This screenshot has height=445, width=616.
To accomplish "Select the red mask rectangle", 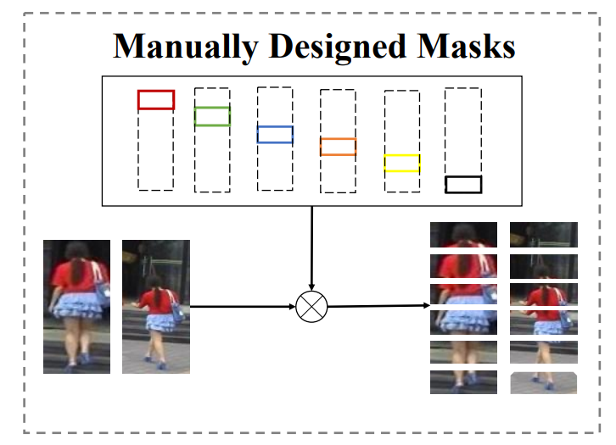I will coord(156,100).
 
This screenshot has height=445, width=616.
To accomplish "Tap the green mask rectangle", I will coord(212,116).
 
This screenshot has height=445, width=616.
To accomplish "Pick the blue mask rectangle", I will coord(275,134).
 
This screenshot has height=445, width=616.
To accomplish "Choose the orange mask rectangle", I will coord(338,147).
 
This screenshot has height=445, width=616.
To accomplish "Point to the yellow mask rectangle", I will coord(401,164).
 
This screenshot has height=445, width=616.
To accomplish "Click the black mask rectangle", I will coord(463,184).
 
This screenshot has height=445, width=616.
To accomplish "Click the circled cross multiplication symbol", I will coord(311,306).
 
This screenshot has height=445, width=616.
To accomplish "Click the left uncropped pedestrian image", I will coord(76,306).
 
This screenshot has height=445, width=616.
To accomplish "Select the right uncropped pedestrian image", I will coord(155,306).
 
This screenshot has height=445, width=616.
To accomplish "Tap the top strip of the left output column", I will coord(463,235).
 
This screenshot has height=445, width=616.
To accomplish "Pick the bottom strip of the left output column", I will coord(463,381).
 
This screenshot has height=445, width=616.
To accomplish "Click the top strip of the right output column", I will coord(543,235).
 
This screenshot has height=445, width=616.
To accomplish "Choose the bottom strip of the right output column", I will coord(543,382).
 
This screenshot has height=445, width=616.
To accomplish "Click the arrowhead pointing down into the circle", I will coord(311,286).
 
